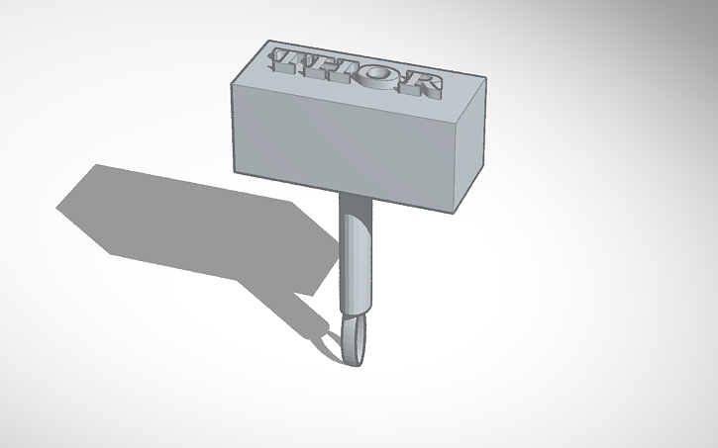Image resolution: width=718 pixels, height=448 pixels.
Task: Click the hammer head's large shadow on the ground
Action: pos(178,213)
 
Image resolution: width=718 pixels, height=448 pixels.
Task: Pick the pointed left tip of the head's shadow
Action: pos(57,208)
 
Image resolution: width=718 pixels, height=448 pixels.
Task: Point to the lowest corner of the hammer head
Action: pos(456,214)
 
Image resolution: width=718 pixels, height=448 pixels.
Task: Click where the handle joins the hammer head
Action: pos(354,194)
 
